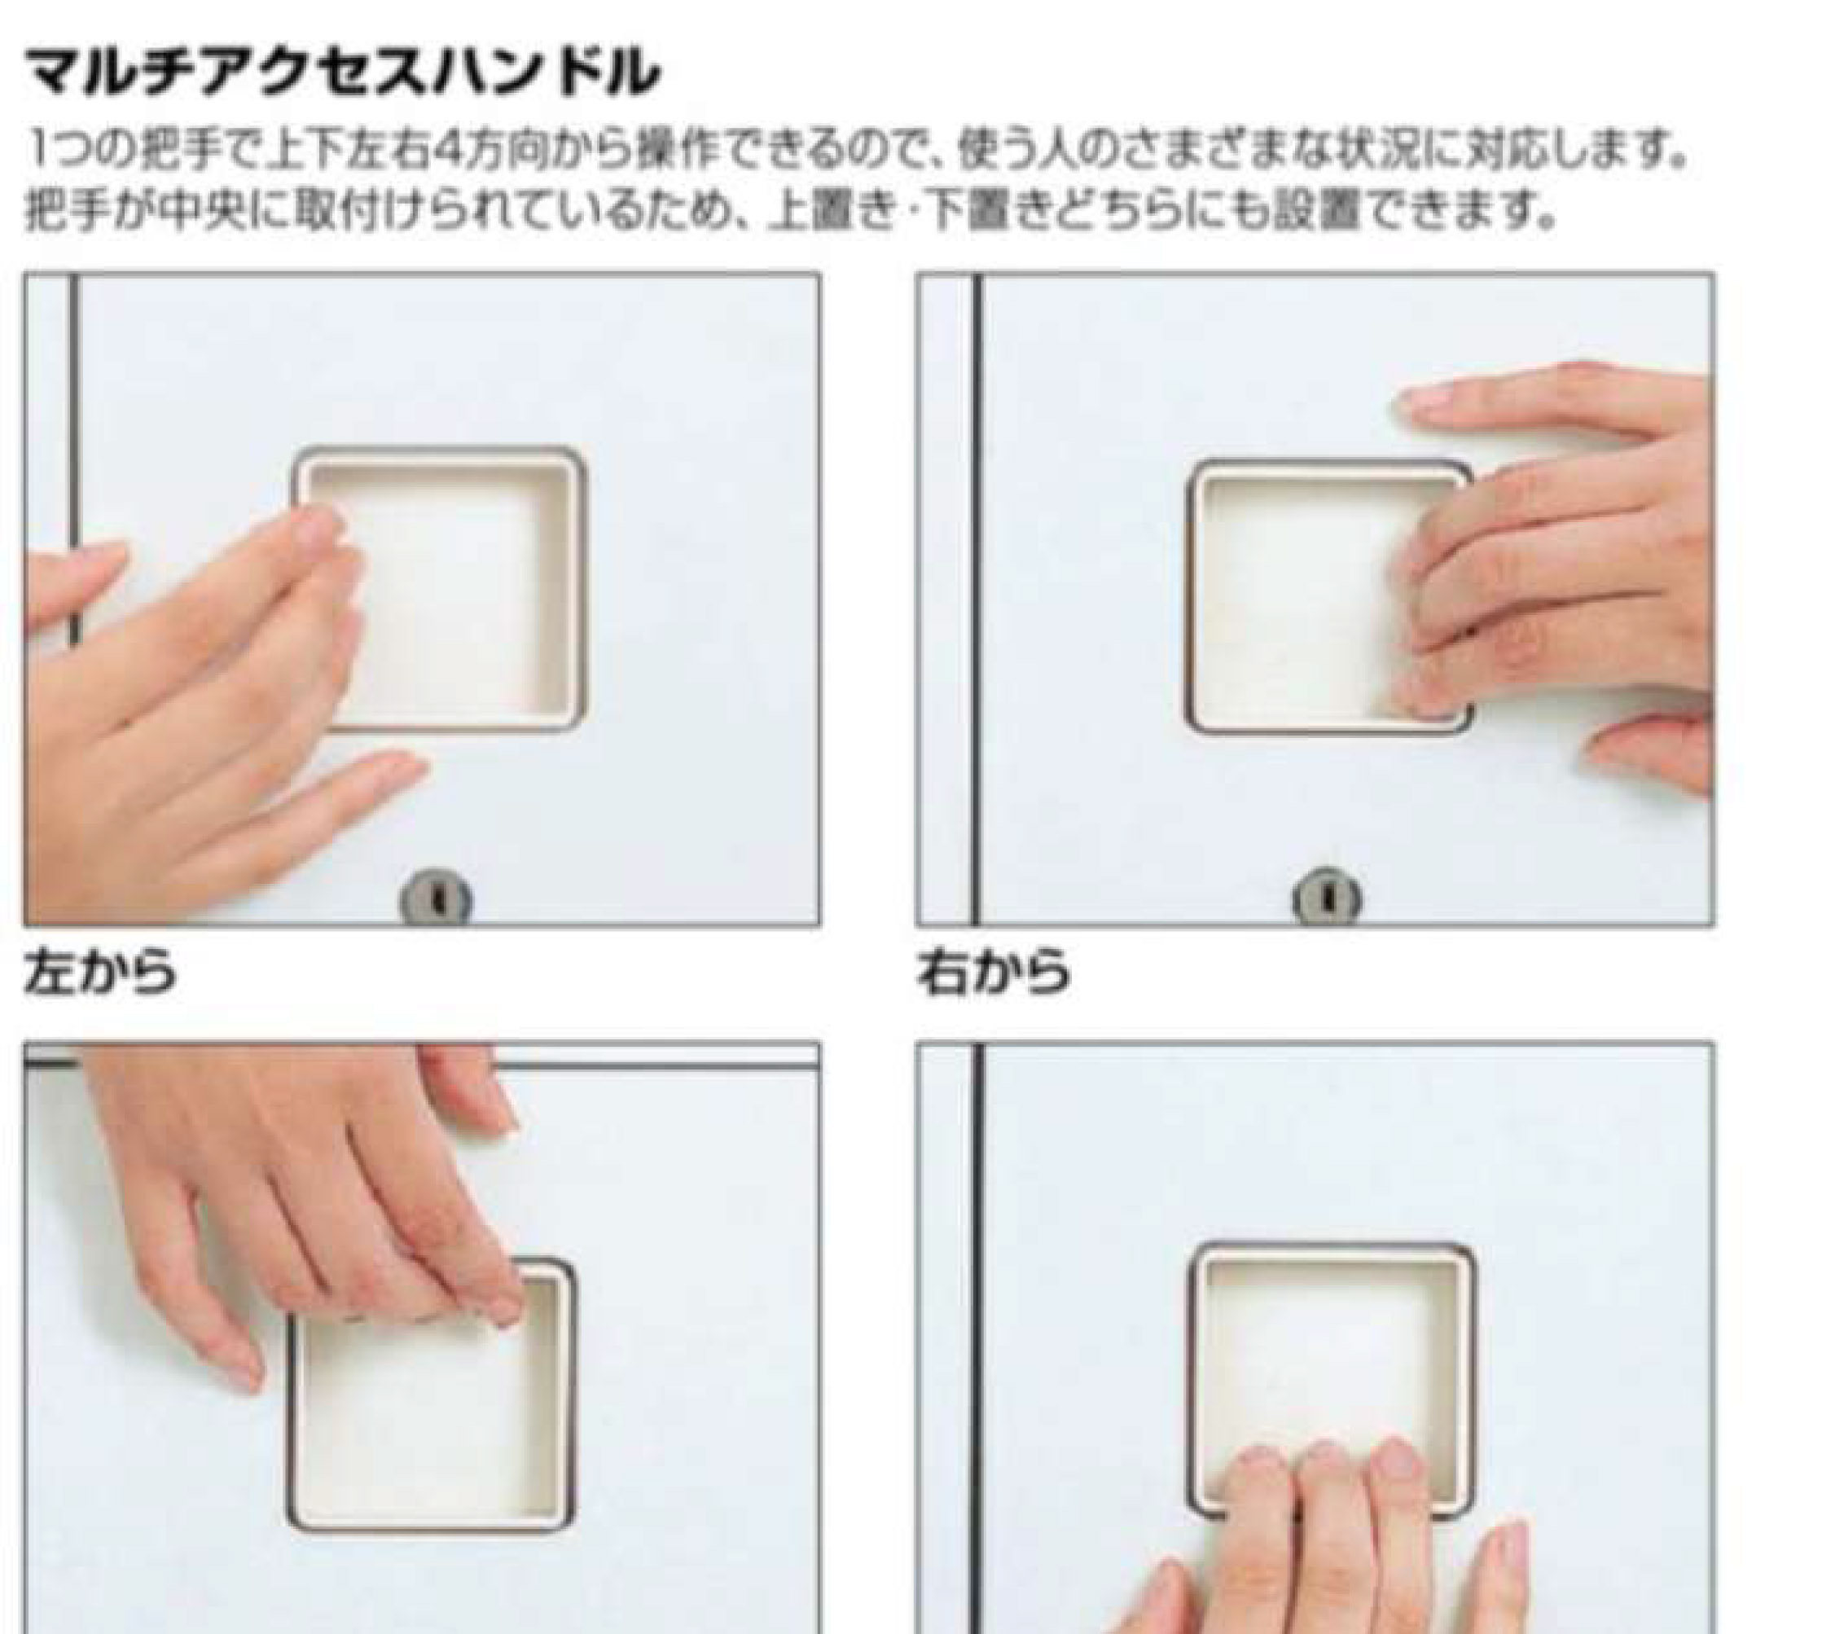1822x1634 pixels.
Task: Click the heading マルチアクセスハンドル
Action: point(342,72)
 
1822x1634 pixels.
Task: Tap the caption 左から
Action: point(99,973)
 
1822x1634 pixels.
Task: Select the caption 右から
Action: point(994,973)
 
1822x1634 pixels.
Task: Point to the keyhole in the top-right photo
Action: point(1327,897)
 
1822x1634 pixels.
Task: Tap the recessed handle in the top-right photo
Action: point(1329,597)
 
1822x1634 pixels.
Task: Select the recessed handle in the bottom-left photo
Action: point(429,1395)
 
